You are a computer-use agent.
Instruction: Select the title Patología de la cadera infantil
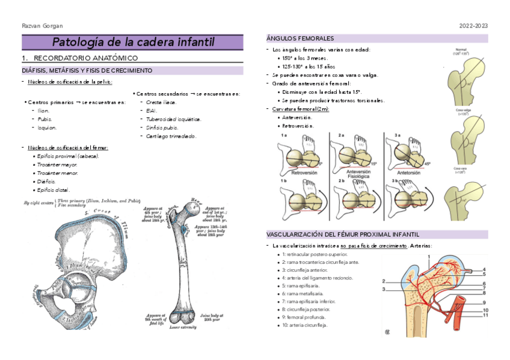point(132,42)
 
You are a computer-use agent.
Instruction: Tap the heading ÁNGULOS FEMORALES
point(300,38)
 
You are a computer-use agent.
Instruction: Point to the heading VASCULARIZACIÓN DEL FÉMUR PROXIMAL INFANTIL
point(343,234)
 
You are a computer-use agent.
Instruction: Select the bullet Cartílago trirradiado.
point(171,136)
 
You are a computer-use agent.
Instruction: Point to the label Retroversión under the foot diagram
point(304,173)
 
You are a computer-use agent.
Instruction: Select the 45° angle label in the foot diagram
point(428,163)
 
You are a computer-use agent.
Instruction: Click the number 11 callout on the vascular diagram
point(485,315)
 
